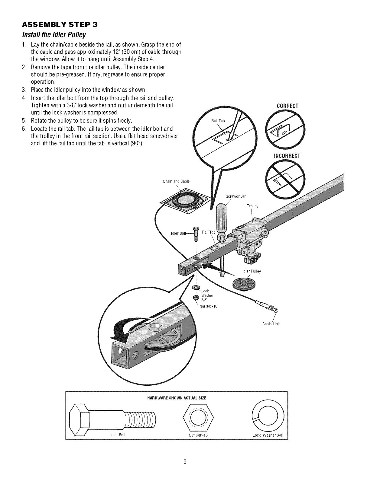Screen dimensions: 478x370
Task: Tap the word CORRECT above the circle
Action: click(287, 106)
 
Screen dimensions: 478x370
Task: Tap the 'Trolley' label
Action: click(252, 206)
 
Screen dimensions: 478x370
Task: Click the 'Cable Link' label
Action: click(271, 324)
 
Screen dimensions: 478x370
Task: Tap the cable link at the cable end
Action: click(268, 306)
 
